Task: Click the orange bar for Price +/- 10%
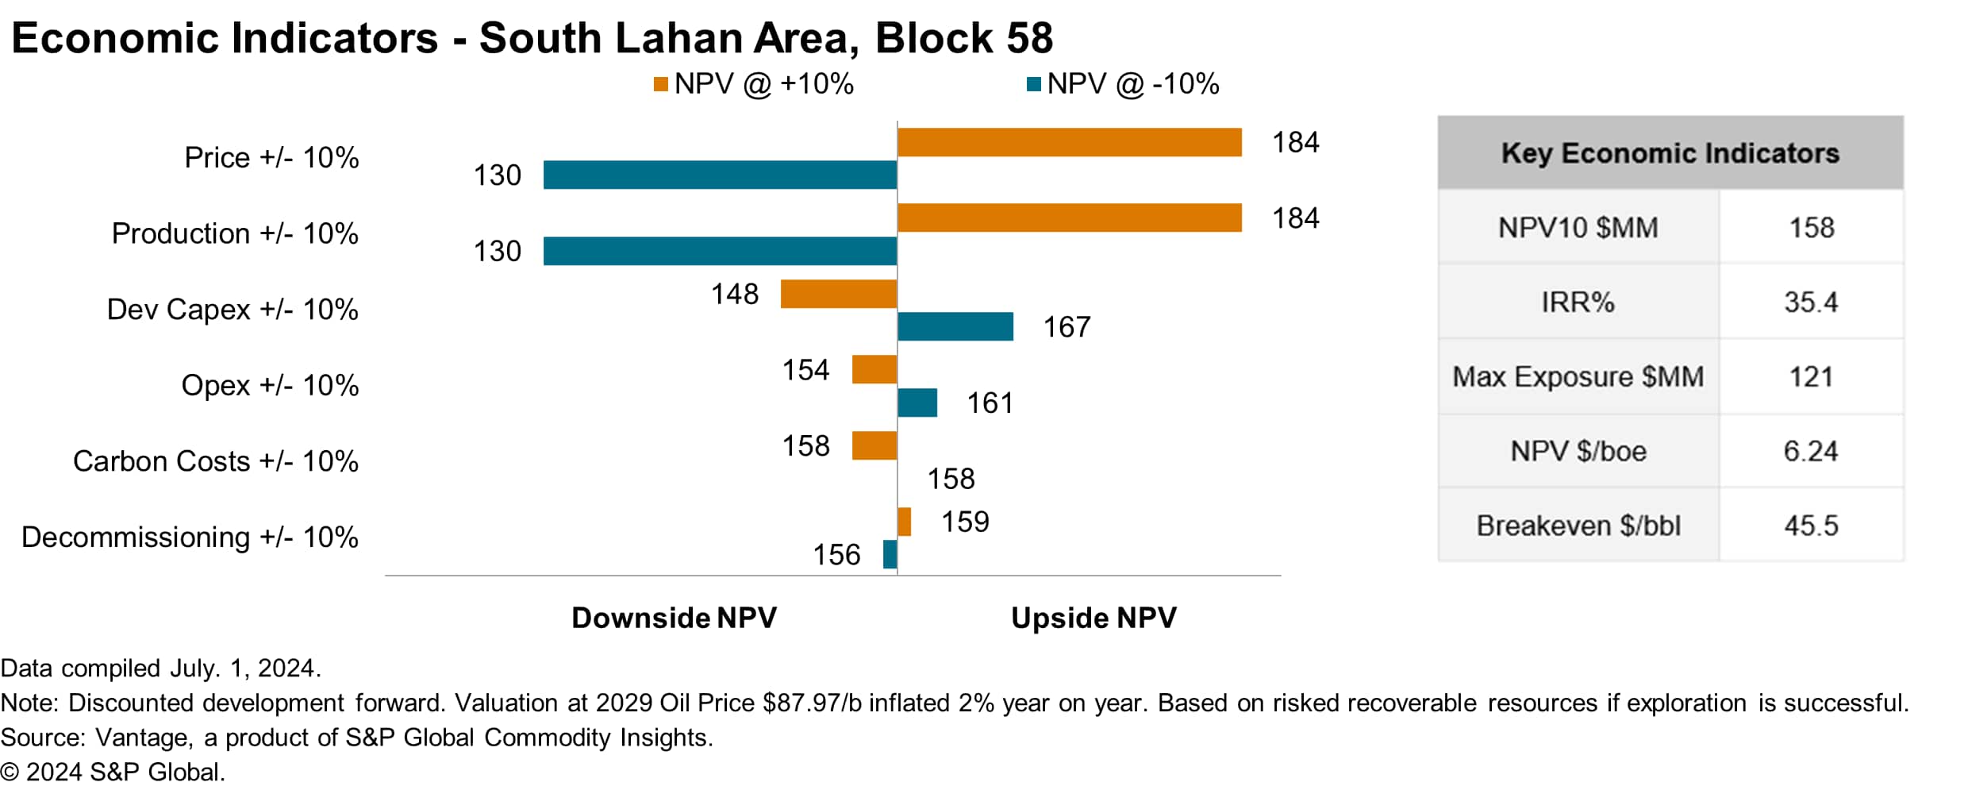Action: [x=1069, y=142]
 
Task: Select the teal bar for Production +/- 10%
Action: [x=720, y=251]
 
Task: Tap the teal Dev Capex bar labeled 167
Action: [x=955, y=326]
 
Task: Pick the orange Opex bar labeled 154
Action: [x=874, y=369]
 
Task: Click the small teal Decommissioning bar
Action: [x=890, y=554]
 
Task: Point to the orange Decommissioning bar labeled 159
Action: [x=904, y=522]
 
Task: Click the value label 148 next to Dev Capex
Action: [x=735, y=294]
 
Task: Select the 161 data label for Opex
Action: [x=990, y=403]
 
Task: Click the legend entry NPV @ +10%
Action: [x=754, y=84]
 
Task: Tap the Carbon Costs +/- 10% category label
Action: [x=215, y=461]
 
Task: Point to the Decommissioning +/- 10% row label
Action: [x=190, y=537]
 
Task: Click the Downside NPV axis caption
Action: [x=674, y=618]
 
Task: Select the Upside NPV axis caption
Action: [x=1093, y=618]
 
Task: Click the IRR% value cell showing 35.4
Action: [x=1810, y=302]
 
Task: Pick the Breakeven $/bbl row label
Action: [x=1578, y=526]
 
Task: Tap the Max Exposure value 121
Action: [x=1810, y=376]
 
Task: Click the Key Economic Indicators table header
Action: [x=1670, y=153]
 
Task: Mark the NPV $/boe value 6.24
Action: [x=1810, y=451]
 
